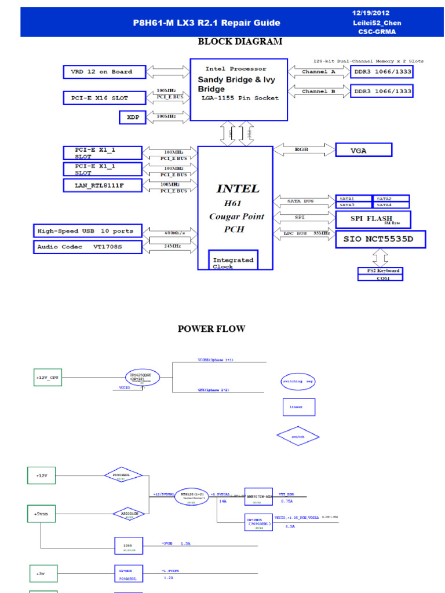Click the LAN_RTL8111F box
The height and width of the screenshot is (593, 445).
tap(102, 185)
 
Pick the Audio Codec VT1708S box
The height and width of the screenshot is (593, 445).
tap(87, 247)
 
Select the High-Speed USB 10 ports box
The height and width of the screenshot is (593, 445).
tap(87, 231)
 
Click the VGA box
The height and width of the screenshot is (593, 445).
tap(363, 150)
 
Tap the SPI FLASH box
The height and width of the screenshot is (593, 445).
tap(373, 219)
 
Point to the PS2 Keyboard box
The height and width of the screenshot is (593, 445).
tap(380, 271)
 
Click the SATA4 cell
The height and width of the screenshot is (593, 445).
tap(391, 205)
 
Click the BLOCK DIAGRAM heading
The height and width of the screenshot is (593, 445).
tap(240, 42)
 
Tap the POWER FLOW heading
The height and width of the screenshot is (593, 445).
tap(211, 329)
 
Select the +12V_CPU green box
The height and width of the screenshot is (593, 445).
tap(47, 378)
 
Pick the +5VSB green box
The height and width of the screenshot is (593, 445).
tap(41, 514)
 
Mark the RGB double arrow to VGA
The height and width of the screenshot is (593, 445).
tap(301, 149)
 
